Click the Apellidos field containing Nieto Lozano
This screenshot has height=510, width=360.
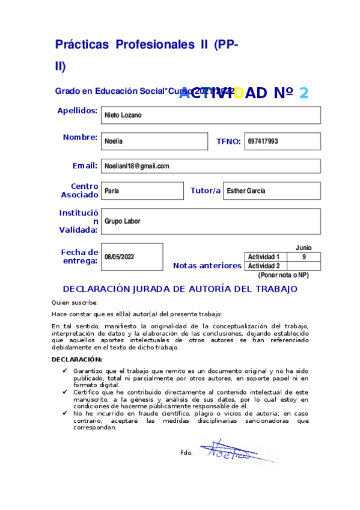pyautogui.click(x=210, y=115)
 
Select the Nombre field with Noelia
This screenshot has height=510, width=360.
pyautogui.click(x=154, y=141)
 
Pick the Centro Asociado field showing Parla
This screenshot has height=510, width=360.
pyautogui.click(x=142, y=191)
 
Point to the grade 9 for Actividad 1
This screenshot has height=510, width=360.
pyautogui.click(x=304, y=257)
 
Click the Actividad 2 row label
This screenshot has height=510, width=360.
pyautogui.click(x=264, y=266)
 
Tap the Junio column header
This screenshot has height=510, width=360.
pyautogui.click(x=304, y=248)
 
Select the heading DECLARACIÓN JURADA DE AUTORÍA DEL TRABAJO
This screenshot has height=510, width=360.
pyautogui.click(x=180, y=289)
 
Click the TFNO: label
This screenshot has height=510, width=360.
pyautogui.click(x=228, y=142)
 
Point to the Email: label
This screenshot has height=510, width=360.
pyautogui.click(x=85, y=165)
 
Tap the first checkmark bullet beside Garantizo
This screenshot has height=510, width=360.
pyautogui.click(x=65, y=372)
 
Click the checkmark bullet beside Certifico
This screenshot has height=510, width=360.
pyautogui.click(x=65, y=392)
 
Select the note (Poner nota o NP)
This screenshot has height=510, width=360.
pyautogui.click(x=283, y=275)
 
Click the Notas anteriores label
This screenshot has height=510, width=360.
pyautogui.click(x=207, y=265)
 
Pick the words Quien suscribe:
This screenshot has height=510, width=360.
pyautogui.click(x=75, y=303)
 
